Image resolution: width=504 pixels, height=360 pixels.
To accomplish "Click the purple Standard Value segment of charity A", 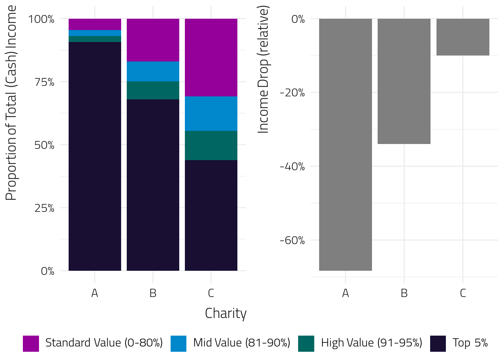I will pyautogui.click(x=95, y=24).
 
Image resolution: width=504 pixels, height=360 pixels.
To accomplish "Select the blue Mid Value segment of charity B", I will pyautogui.click(x=153, y=71).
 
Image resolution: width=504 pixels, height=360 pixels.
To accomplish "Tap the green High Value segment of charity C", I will pyautogui.click(x=211, y=145).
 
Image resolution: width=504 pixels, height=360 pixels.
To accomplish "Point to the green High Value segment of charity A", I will pyautogui.click(x=95, y=39).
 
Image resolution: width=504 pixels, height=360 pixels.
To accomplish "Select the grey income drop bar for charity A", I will pyautogui.click(x=345, y=144).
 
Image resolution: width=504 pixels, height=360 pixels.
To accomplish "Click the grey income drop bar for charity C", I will pyautogui.click(x=463, y=37).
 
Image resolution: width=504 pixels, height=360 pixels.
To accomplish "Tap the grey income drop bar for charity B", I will pyautogui.click(x=404, y=81).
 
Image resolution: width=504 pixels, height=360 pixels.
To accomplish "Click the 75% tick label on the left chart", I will pyautogui.click(x=44, y=82).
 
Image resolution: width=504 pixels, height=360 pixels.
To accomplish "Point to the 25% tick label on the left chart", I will pyautogui.click(x=44, y=208).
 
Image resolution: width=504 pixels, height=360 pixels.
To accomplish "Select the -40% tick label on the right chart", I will pyautogui.click(x=292, y=166).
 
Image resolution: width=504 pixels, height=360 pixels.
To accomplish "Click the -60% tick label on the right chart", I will pyautogui.click(x=292, y=240).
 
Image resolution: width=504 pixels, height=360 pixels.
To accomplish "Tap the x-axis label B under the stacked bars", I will pyautogui.click(x=153, y=293).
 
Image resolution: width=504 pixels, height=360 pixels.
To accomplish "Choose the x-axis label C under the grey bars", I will pyautogui.click(x=463, y=293).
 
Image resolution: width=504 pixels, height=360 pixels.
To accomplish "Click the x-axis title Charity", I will pyautogui.click(x=226, y=313).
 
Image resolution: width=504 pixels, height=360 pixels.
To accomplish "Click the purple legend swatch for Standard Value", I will pyautogui.click(x=31, y=343).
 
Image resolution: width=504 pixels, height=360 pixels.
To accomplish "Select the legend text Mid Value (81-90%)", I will pyautogui.click(x=241, y=343).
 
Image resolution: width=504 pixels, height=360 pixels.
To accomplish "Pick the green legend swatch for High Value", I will pyautogui.click(x=306, y=343).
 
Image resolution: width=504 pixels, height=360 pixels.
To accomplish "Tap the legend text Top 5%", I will pyautogui.click(x=470, y=343).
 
